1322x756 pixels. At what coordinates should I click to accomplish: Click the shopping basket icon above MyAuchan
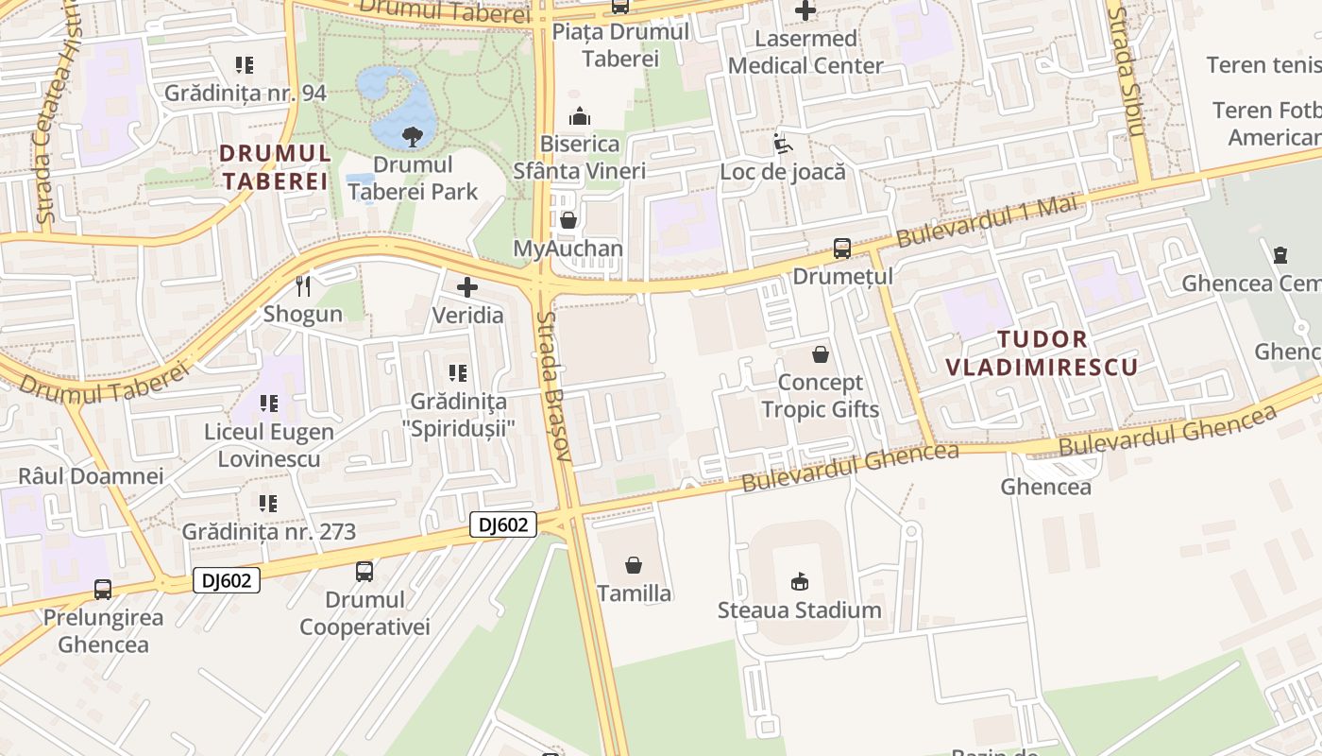tap(568, 220)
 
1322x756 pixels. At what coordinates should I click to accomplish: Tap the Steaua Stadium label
tap(799, 610)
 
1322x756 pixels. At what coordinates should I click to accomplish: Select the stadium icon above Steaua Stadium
tap(799, 581)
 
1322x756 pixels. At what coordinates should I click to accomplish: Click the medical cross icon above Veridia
tap(467, 287)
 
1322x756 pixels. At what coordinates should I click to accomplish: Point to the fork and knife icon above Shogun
tap(303, 285)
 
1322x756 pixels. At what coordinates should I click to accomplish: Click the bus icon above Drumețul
tap(841, 249)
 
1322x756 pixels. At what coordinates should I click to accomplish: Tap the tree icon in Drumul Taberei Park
tap(413, 137)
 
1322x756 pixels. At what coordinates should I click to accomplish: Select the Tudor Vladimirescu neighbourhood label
tap(1042, 353)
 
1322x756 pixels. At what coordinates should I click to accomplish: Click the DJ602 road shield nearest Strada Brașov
tap(503, 524)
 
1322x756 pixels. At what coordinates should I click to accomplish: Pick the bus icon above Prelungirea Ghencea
tap(103, 589)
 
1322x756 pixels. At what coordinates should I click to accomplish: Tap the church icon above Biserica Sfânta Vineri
tap(579, 116)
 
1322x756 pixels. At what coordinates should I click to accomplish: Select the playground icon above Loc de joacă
tap(782, 144)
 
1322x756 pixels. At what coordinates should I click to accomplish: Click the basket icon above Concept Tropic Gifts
tap(821, 355)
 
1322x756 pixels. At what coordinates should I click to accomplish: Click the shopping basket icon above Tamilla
tap(634, 565)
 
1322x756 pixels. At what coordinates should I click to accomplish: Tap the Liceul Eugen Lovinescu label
tap(269, 445)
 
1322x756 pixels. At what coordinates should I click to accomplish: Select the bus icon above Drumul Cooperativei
tap(364, 571)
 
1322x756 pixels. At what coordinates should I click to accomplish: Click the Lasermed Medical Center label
tap(805, 52)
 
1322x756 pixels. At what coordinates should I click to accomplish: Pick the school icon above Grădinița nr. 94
tap(245, 65)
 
